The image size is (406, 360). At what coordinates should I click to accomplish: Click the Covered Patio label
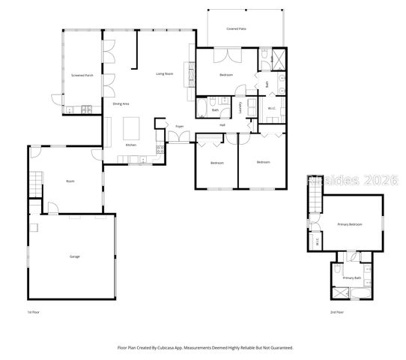click(237, 29)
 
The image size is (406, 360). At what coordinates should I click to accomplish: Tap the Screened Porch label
click(82, 76)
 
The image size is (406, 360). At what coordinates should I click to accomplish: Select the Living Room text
click(165, 74)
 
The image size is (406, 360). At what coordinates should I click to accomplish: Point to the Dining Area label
click(121, 103)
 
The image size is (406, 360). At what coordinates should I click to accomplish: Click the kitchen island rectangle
click(133, 125)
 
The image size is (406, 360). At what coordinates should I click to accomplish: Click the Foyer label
click(180, 126)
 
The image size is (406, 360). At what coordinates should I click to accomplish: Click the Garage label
click(75, 256)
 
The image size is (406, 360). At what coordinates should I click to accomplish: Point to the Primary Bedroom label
click(351, 224)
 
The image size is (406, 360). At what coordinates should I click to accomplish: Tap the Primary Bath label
click(352, 278)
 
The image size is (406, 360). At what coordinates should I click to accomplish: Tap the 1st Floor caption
click(32, 311)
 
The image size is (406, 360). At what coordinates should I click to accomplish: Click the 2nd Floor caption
click(336, 311)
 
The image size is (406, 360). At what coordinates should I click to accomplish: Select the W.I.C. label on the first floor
click(272, 108)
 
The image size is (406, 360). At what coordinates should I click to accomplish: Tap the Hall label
click(223, 125)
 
